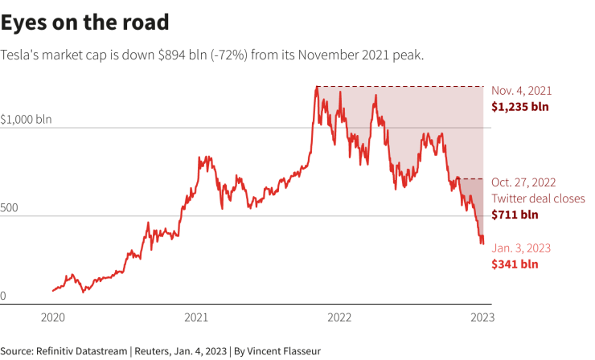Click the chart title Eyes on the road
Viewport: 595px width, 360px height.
pyautogui.click(x=84, y=22)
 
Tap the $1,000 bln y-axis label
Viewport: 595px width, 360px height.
pyautogui.click(x=26, y=120)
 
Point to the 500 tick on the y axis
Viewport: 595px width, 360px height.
pyautogui.click(x=9, y=208)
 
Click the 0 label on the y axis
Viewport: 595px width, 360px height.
pyautogui.click(x=3, y=297)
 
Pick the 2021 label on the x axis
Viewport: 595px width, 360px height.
pyautogui.click(x=197, y=317)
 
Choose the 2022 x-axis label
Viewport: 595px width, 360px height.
pyautogui.click(x=340, y=317)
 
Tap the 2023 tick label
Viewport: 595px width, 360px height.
pyautogui.click(x=483, y=317)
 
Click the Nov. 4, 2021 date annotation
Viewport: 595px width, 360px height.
pyautogui.click(x=522, y=91)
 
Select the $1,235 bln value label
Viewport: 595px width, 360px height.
pyautogui.click(x=521, y=106)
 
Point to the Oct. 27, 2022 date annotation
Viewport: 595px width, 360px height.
pyautogui.click(x=523, y=182)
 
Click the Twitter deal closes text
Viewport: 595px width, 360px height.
pyautogui.click(x=538, y=198)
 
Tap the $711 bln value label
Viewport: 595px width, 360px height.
pyautogui.click(x=515, y=215)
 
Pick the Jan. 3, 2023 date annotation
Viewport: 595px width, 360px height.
pyautogui.click(x=521, y=248)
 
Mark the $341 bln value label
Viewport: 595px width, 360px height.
pyautogui.click(x=515, y=264)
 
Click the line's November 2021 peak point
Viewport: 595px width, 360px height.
pyautogui.click(x=317, y=86)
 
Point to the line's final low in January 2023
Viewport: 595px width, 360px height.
pyautogui.click(x=482, y=243)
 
